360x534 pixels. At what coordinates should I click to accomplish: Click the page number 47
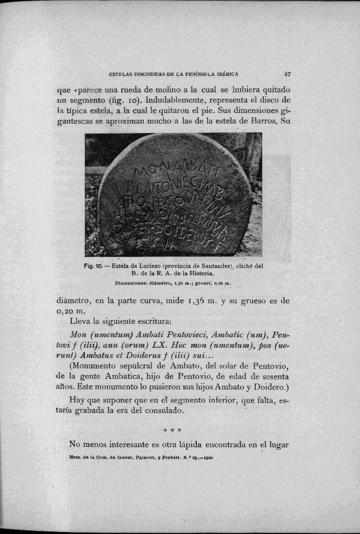click(x=288, y=73)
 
